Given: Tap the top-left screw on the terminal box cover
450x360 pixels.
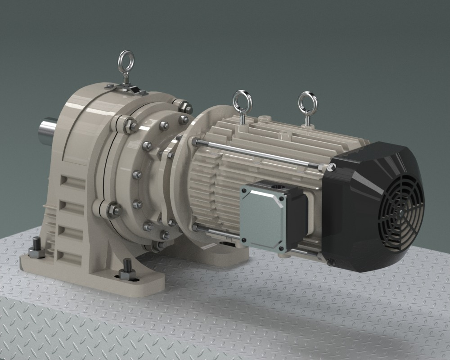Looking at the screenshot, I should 244,190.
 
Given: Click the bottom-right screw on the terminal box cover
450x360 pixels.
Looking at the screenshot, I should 282,249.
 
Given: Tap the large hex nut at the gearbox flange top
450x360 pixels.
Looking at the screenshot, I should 184,107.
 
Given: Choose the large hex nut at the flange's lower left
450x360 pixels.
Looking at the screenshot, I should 113,209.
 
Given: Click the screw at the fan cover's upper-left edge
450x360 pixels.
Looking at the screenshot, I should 332,167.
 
